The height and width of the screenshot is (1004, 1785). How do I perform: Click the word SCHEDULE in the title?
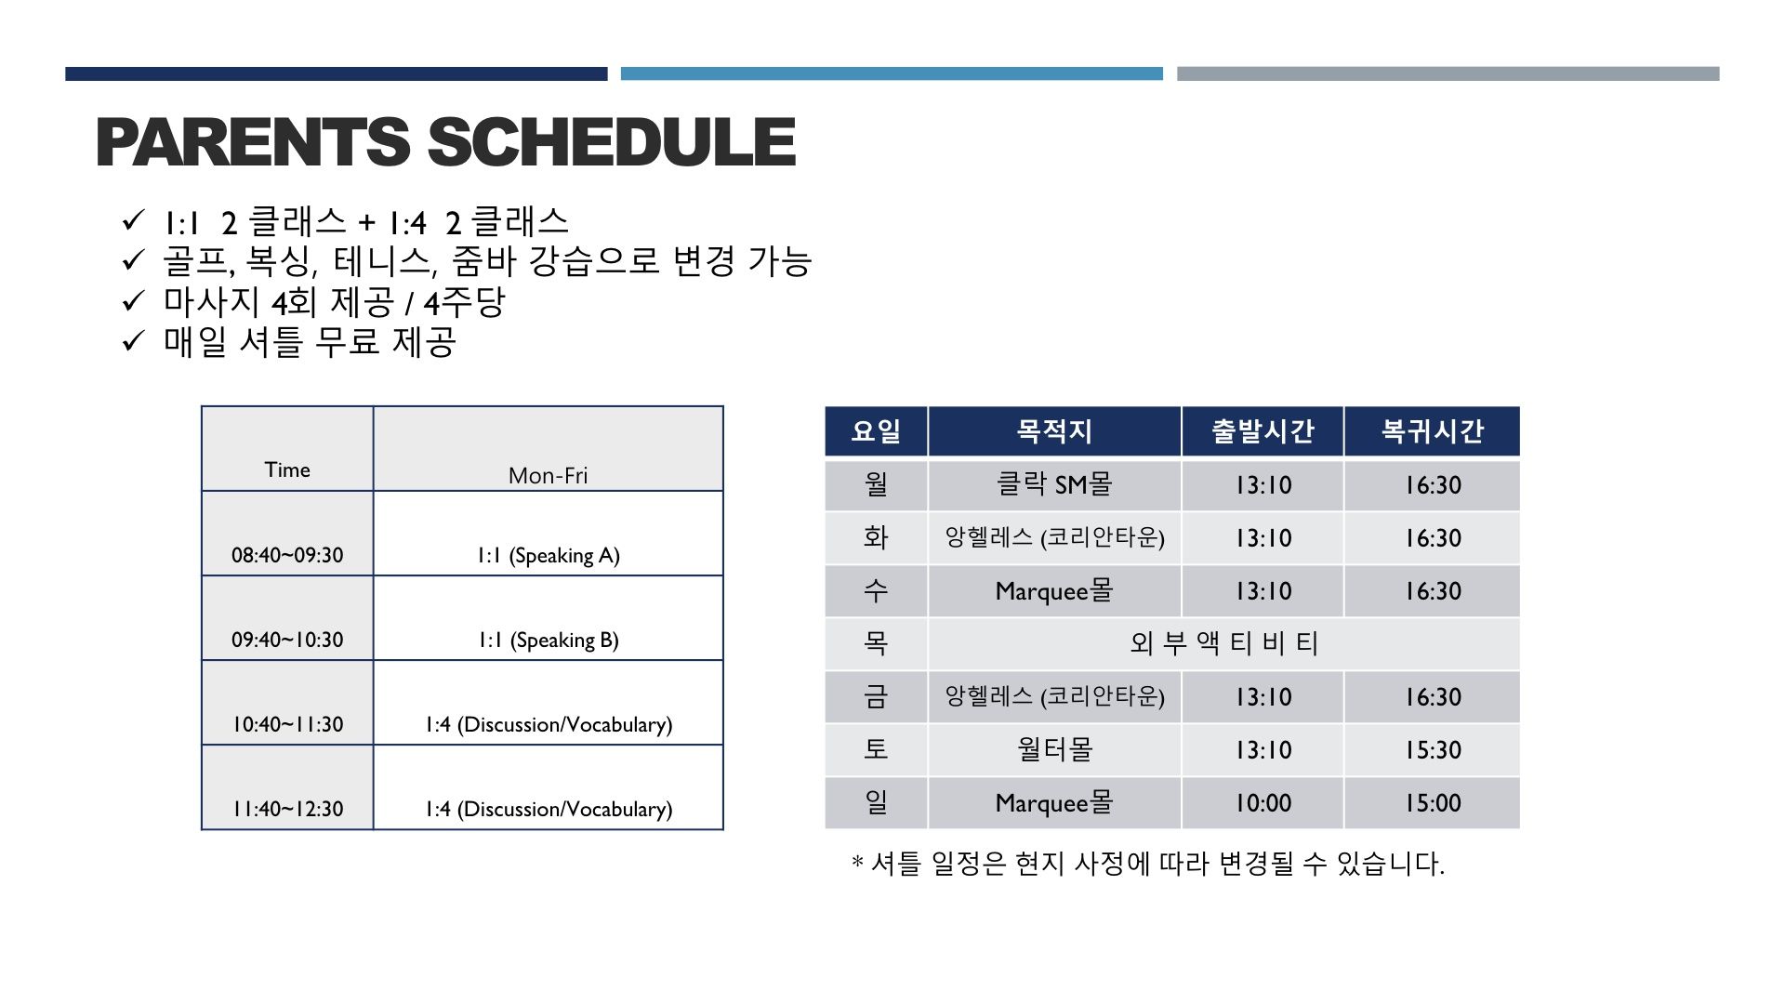611,142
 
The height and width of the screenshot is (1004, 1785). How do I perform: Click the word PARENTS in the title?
252,142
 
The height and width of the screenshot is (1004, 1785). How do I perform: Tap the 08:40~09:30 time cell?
287,534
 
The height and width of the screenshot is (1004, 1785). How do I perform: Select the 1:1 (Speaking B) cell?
549,618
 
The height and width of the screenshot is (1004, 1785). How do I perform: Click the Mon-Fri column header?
549,449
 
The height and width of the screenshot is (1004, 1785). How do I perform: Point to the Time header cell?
287,449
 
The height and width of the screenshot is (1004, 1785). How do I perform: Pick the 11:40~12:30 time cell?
287,787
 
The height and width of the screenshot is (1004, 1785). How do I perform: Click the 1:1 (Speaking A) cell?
549,534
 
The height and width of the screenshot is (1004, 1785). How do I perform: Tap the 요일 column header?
876,431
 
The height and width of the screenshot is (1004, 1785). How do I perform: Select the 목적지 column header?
1054,431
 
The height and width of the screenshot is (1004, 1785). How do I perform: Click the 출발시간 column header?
1263,431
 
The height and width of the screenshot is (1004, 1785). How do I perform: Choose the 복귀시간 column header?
1432,431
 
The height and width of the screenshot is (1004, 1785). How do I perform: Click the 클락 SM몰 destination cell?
1054,484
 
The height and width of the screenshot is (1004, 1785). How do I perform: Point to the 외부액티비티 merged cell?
1223,643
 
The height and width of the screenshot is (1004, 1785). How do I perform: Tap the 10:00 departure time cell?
1263,802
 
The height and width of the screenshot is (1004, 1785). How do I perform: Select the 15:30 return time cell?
1432,749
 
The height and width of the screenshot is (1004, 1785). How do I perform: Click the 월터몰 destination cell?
1054,749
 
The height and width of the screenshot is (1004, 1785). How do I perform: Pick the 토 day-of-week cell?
876,749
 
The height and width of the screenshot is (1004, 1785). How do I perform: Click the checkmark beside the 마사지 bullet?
134,301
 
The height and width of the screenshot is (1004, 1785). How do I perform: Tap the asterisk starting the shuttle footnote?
857,862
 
